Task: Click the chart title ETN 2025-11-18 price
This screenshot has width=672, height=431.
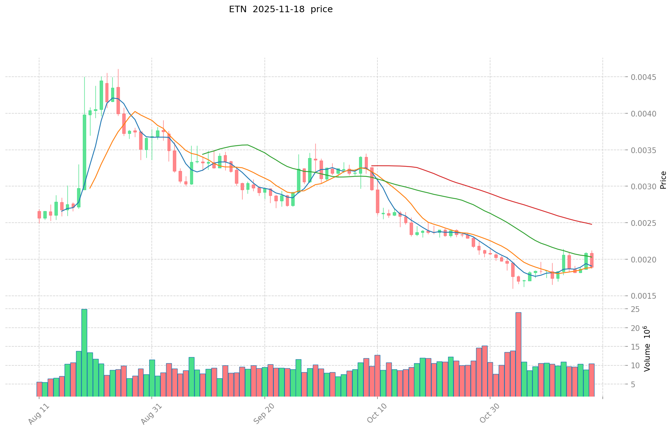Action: click(x=281, y=9)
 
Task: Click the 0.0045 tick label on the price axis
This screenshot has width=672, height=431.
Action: click(x=644, y=77)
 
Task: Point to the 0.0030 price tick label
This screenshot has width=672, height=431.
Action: click(x=644, y=186)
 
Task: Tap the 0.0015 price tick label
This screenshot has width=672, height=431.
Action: click(x=644, y=296)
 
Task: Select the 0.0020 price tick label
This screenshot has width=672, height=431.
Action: click(x=644, y=259)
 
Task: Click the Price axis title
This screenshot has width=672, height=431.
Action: click(x=663, y=180)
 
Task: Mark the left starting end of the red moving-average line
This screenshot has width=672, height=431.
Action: click(x=372, y=166)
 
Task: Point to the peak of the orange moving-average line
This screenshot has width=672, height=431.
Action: click(x=135, y=112)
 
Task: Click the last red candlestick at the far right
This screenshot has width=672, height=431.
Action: click(x=592, y=260)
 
